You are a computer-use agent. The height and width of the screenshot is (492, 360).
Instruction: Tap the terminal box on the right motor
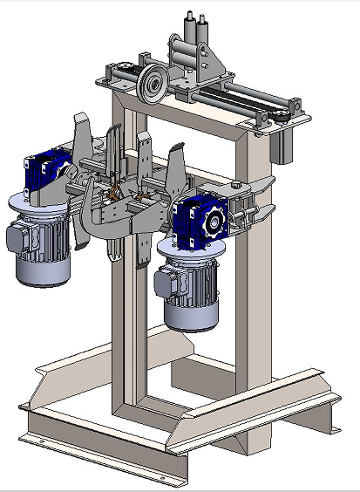point(165,282)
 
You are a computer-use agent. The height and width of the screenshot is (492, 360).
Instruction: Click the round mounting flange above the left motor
point(39,203)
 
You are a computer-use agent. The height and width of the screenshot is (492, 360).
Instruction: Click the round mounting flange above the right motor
point(187,249)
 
